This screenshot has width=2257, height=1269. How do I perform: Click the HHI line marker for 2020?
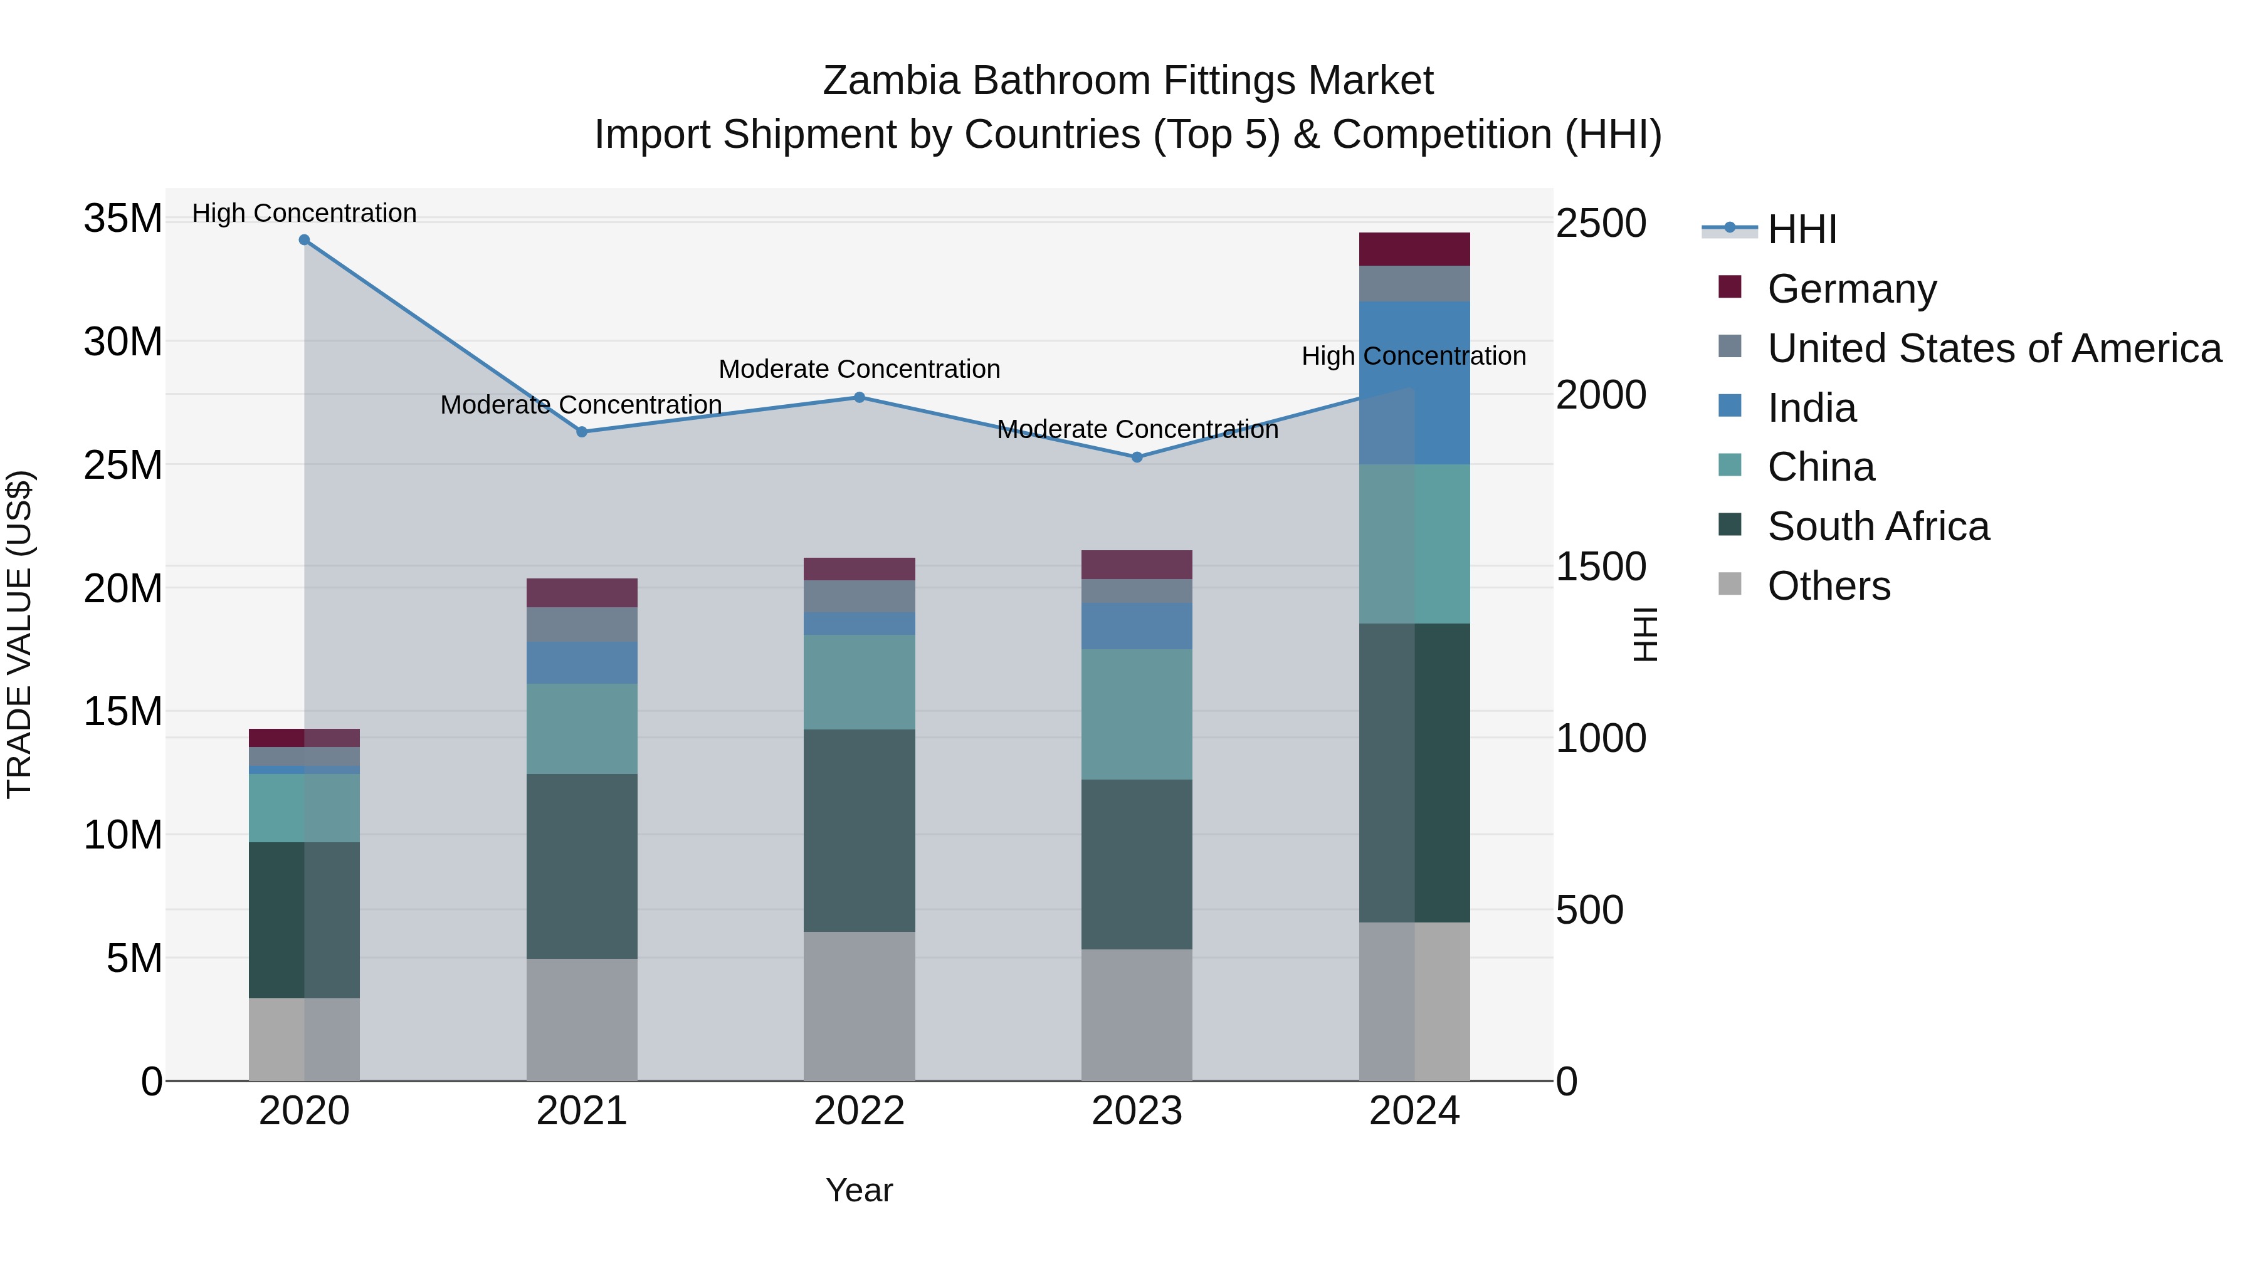[304, 240]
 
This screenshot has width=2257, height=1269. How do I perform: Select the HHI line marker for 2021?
[582, 432]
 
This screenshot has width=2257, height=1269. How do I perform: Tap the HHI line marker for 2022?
[860, 397]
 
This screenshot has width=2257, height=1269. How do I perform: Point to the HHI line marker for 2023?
[1137, 457]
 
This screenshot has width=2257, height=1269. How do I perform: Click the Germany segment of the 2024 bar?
[1414, 249]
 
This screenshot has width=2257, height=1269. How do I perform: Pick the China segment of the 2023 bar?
[1137, 714]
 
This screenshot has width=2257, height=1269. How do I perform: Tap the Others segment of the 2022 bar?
[860, 1006]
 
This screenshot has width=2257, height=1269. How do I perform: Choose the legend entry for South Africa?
[1878, 526]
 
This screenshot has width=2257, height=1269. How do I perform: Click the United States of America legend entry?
[1994, 348]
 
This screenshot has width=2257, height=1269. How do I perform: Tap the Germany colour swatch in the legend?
[1730, 286]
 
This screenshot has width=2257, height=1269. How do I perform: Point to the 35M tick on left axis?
[123, 218]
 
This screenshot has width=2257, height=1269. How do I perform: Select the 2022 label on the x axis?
[860, 1111]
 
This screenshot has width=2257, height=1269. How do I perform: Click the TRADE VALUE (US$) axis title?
[20, 634]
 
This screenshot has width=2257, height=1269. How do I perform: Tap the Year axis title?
[860, 1190]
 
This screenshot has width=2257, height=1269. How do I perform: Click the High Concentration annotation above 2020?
[304, 213]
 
